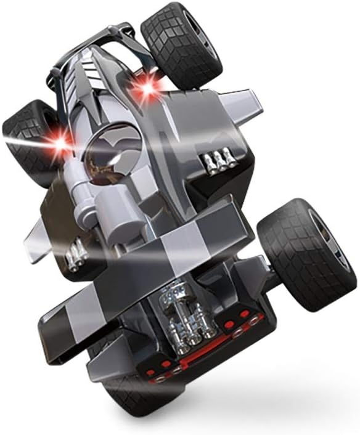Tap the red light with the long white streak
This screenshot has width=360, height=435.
60,143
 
